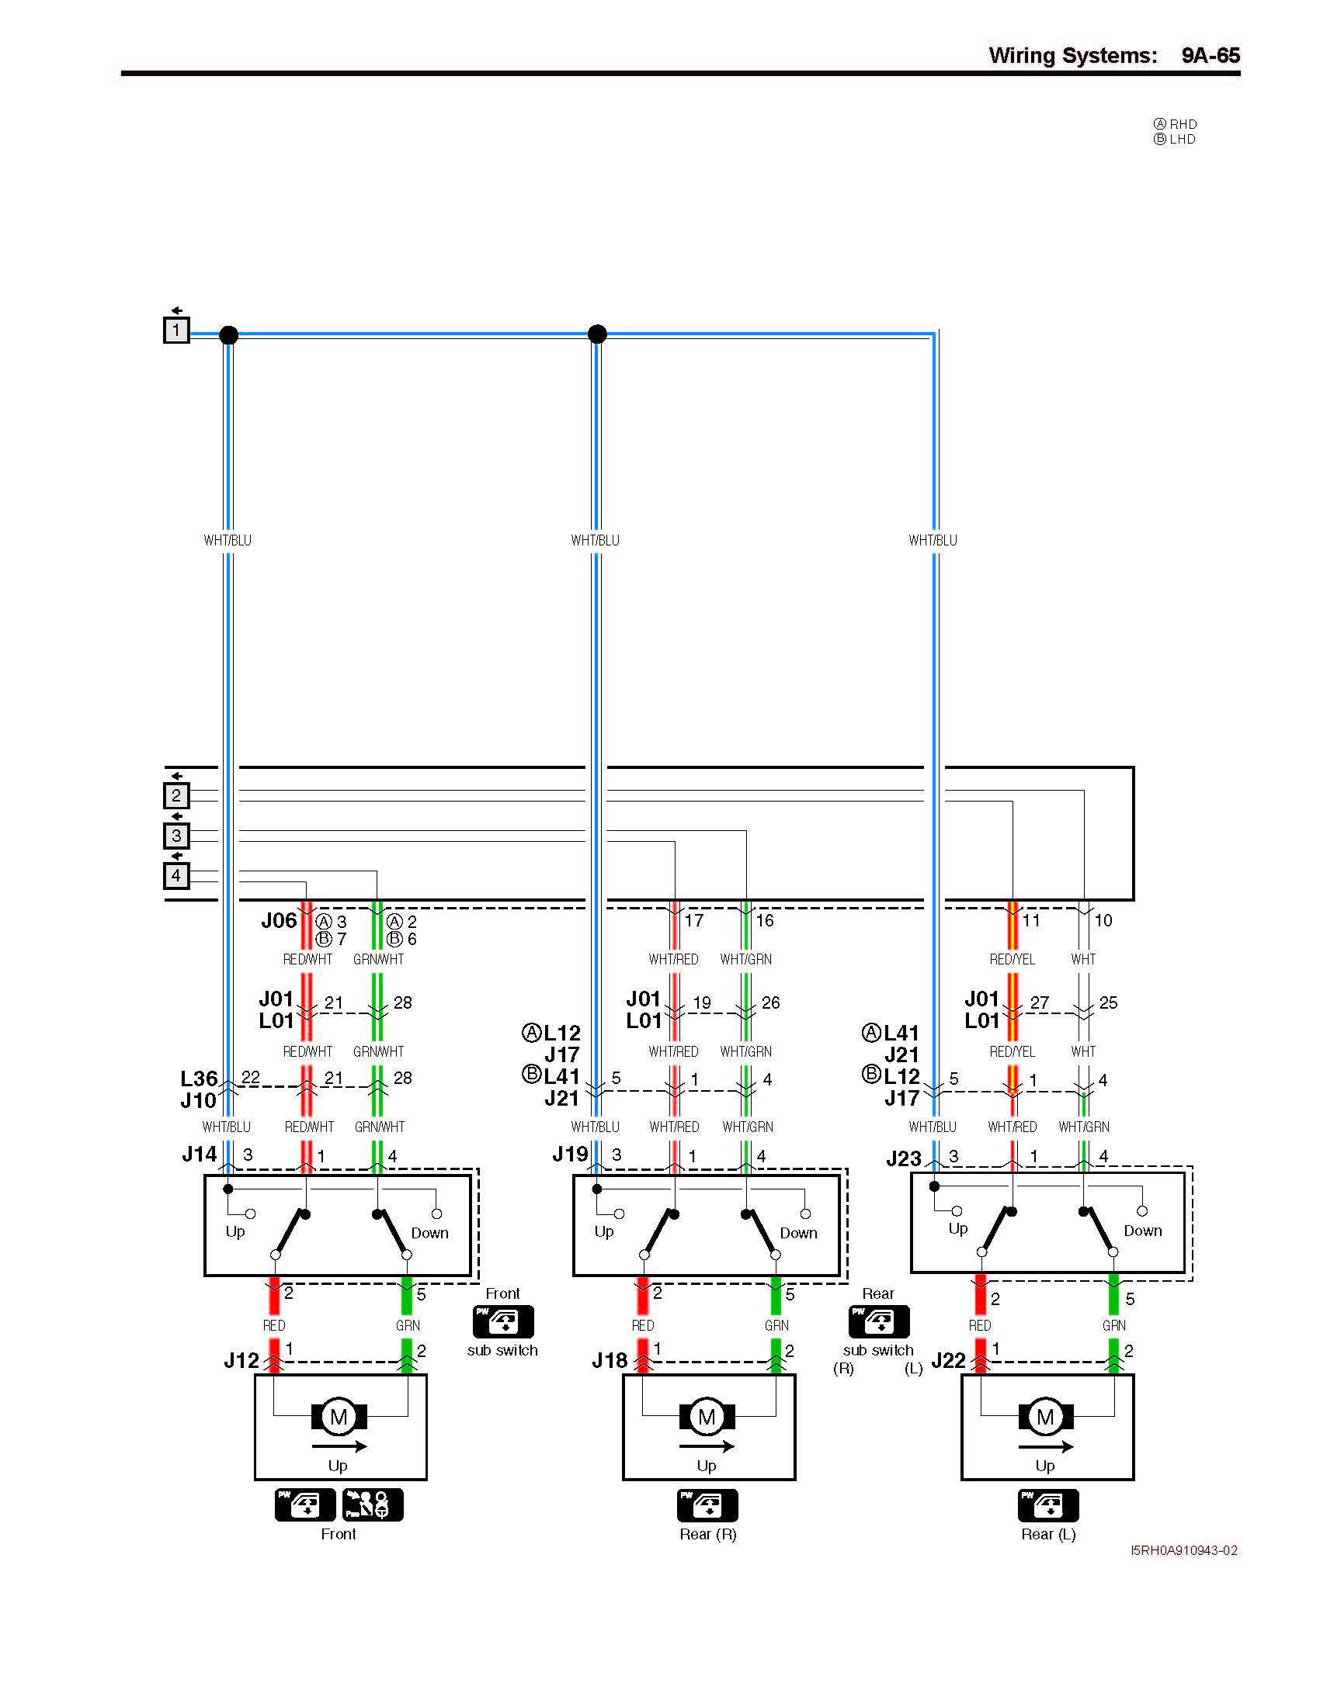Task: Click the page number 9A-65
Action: [1210, 56]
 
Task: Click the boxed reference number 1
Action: [176, 330]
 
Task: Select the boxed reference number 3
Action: [176, 836]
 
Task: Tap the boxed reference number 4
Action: [176, 875]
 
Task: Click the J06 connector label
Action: [280, 921]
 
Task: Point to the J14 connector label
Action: [200, 1155]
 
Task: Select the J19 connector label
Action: [570, 1155]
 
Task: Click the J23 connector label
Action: [904, 1158]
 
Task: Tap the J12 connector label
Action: [241, 1361]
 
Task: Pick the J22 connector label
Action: [949, 1361]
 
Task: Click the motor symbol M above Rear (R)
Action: [707, 1417]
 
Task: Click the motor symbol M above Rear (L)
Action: [1046, 1417]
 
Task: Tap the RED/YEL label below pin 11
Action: [1012, 959]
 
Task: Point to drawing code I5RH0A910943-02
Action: [1184, 1550]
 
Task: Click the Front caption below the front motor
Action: [338, 1534]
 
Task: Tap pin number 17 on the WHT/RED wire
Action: [693, 921]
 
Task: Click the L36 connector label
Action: [199, 1079]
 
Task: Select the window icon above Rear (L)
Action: [1048, 1505]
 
